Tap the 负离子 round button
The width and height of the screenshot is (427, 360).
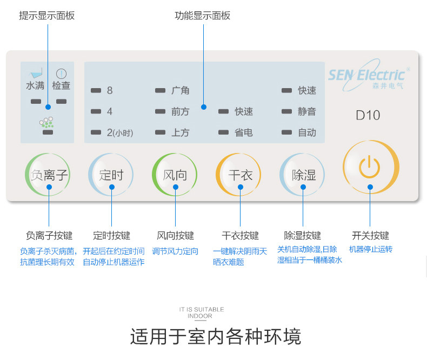pos(49,175)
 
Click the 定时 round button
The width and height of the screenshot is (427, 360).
pos(112,175)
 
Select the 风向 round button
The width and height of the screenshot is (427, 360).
pos(175,175)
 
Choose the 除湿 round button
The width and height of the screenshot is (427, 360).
pos(303,175)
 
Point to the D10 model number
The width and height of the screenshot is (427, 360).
pos(368,115)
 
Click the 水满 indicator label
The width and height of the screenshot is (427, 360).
pos(35,85)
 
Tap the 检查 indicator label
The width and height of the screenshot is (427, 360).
pos(61,85)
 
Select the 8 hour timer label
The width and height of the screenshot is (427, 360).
pos(110,90)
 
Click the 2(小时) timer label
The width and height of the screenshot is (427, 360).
pos(119,132)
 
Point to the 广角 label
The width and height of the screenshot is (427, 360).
pos(181,90)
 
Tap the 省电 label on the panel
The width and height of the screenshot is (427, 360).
pos(244,132)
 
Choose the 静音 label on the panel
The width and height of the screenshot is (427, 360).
pos(307,111)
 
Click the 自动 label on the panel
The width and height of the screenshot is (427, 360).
pos(307,132)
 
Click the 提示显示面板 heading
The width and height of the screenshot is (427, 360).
pos(47,16)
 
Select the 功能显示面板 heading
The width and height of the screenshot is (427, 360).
pos(203,16)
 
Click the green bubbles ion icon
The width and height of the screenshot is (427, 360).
pos(47,123)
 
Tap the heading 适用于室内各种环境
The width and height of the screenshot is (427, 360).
pos(215,336)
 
